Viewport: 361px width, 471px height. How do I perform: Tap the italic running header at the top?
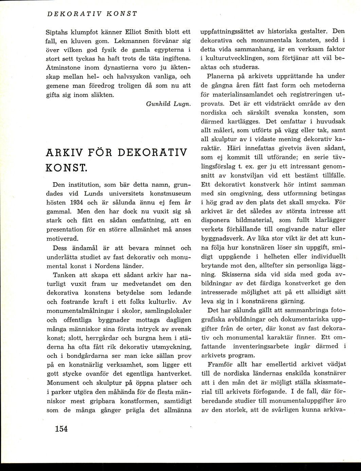pos(91,14)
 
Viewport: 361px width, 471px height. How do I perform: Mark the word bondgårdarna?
pos(85,346)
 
